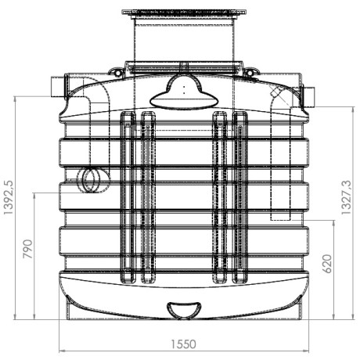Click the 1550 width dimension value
point(183,344)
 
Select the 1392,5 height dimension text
point(9,197)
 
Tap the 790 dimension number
point(27,249)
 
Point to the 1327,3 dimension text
point(347,197)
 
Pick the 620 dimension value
point(327,264)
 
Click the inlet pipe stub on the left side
point(58,86)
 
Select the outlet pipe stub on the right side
point(308,97)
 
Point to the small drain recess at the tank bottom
point(184,311)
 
